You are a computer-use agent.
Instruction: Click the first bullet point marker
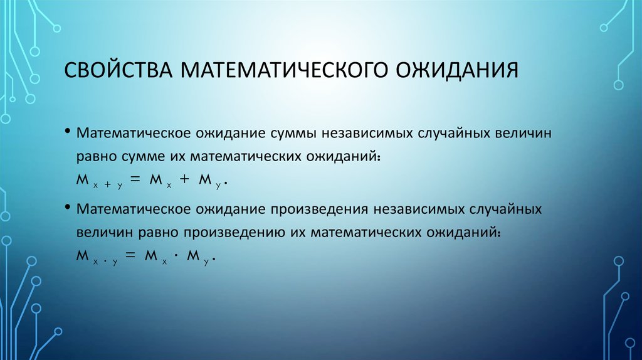coord(67,134)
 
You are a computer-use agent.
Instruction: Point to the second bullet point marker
coord(67,209)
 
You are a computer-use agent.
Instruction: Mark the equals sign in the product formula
coord(130,255)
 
